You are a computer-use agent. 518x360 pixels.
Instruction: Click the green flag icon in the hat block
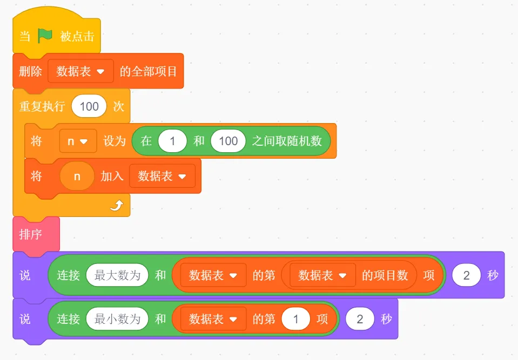[x=45, y=36]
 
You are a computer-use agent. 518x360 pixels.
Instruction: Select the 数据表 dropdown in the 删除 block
[x=80, y=71]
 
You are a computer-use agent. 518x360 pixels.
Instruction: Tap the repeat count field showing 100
[x=89, y=106]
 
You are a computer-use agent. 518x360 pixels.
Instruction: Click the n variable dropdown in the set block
[x=78, y=141]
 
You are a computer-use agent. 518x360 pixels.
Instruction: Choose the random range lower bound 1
[x=172, y=141]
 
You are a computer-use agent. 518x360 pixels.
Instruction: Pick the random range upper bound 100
[x=228, y=141]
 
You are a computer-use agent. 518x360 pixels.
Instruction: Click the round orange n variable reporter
[x=77, y=176]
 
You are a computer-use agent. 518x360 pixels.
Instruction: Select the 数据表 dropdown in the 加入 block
[x=162, y=176]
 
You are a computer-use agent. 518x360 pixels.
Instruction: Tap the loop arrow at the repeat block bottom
[x=117, y=205]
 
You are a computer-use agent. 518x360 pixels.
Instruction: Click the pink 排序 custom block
[x=31, y=235]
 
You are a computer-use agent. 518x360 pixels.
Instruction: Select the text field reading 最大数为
[x=117, y=275]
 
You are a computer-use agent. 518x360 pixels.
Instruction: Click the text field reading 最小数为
[x=117, y=319]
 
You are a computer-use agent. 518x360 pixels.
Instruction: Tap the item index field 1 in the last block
[x=295, y=319]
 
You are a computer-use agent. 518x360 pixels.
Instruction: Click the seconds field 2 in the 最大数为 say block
[x=466, y=275]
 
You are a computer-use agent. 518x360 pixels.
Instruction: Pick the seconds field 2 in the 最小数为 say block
[x=359, y=319]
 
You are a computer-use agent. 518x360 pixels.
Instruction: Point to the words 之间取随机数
[x=287, y=141]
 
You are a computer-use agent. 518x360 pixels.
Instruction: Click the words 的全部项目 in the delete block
[x=149, y=71]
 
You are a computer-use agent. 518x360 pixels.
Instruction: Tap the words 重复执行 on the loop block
[x=42, y=106]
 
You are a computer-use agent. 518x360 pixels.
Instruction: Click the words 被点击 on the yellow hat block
[x=77, y=37]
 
